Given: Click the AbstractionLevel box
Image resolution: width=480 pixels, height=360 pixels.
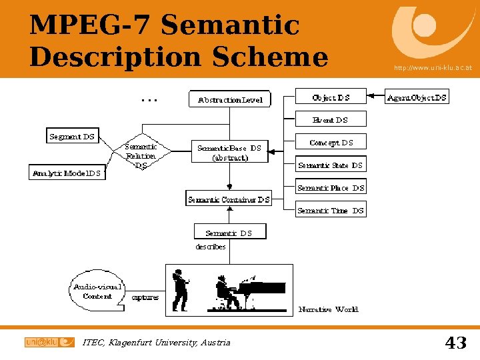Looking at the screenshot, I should (x=230, y=99).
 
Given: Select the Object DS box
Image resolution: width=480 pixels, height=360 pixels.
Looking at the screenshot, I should (x=331, y=97).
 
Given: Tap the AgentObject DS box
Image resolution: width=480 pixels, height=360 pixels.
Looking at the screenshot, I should (x=417, y=97).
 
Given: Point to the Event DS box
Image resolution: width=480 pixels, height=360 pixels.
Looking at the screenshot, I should (x=331, y=120).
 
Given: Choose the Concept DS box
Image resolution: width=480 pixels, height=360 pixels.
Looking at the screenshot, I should (x=331, y=143).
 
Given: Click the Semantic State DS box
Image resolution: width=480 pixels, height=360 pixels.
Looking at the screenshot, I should (x=331, y=165).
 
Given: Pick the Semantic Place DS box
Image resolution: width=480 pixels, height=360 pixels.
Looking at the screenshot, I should (x=331, y=188).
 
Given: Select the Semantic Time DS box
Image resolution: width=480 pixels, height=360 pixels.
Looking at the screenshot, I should (x=331, y=211).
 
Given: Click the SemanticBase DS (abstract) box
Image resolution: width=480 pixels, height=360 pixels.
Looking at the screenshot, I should (x=229, y=153).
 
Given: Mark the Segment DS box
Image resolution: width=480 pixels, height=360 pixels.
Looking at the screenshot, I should (x=72, y=137).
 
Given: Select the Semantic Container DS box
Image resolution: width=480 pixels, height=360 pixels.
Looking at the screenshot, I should (x=229, y=199).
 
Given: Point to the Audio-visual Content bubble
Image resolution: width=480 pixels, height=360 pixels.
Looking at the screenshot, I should (x=97, y=292).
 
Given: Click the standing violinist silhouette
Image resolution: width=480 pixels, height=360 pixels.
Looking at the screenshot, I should (x=179, y=290).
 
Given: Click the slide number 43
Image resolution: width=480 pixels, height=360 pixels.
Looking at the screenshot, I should (x=455, y=343).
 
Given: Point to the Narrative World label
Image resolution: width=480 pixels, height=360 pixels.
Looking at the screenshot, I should (x=328, y=309).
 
